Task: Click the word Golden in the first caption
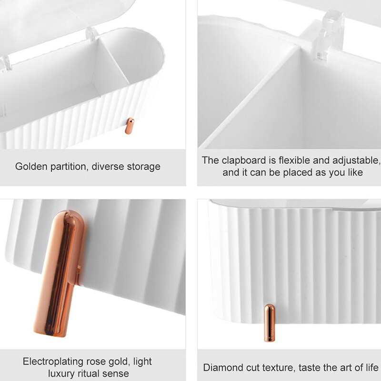31,167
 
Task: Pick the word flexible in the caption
294,160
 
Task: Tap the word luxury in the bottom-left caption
61,374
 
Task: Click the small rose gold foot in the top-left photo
129,126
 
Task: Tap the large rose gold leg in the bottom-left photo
59,273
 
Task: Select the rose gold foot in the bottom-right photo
270,323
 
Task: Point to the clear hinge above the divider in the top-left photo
90,34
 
